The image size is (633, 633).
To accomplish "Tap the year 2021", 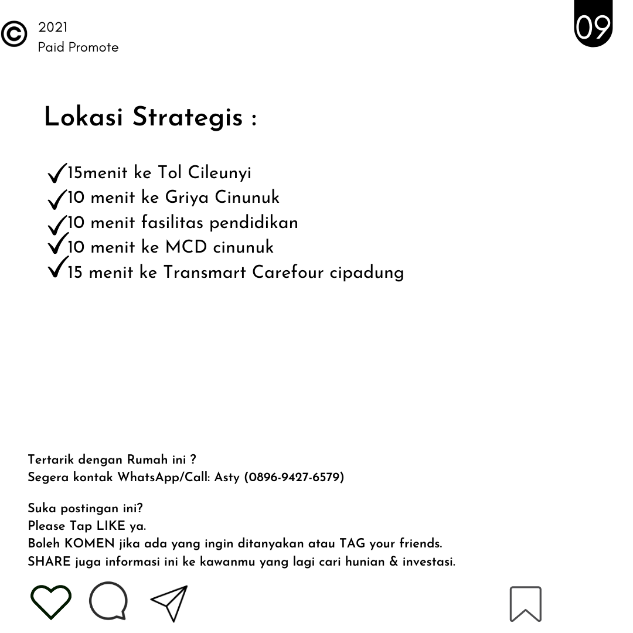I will click(53, 28).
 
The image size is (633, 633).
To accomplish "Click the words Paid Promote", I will click(78, 47).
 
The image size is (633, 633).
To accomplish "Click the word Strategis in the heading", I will click(187, 117).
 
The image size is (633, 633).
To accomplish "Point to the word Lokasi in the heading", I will click(83, 117).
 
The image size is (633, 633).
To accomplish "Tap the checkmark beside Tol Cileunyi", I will click(57, 173).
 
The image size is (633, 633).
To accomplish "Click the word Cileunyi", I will click(219, 173).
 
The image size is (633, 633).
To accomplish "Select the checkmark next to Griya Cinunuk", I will click(57, 199).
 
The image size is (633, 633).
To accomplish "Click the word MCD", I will click(186, 247).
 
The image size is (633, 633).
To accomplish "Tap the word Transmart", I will click(205, 273).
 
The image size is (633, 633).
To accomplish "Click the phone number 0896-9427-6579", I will click(294, 477).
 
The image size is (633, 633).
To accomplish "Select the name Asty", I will click(227, 478).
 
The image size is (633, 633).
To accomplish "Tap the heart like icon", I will click(51, 602).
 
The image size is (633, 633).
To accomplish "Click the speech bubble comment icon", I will click(108, 601).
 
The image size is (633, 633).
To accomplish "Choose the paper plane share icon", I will click(169, 603).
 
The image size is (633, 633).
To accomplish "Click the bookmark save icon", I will click(525, 603).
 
